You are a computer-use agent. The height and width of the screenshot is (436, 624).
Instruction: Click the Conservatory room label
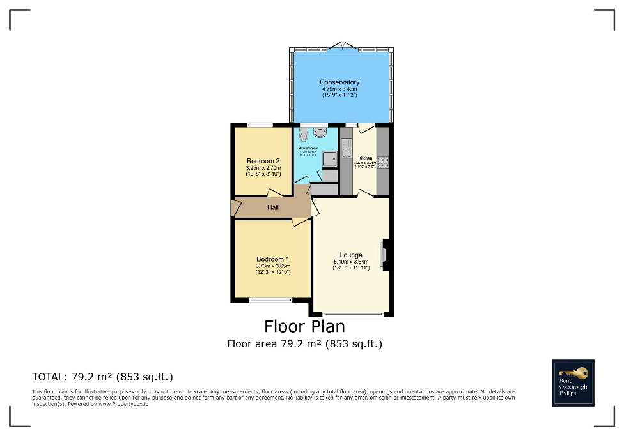pos(339,82)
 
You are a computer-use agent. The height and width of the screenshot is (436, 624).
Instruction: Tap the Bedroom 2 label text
pos(263,161)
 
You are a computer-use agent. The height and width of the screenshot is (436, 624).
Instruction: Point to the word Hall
pos(273,207)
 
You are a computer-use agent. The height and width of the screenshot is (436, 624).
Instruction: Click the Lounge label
pos(351,255)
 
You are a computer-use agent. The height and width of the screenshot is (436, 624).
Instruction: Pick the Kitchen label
pos(365,158)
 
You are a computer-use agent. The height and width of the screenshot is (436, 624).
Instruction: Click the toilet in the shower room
pos(303,135)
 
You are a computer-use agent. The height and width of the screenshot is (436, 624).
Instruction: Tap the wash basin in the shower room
pos(319,132)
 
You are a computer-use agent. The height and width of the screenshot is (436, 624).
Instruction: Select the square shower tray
pos(329,160)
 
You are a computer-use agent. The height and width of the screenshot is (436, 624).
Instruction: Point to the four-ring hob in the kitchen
pos(384,162)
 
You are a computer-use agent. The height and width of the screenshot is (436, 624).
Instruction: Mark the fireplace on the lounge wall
pos(384,253)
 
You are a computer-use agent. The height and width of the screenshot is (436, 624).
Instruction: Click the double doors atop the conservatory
pos(341,45)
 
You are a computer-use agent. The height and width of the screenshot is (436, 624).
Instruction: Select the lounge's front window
pos(353,313)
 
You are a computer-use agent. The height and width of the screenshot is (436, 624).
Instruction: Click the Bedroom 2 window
pos(260,124)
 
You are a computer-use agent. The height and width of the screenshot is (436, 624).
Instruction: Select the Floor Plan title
pos(304,326)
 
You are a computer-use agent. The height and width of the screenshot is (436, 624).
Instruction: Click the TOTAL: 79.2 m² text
pos(102,376)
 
